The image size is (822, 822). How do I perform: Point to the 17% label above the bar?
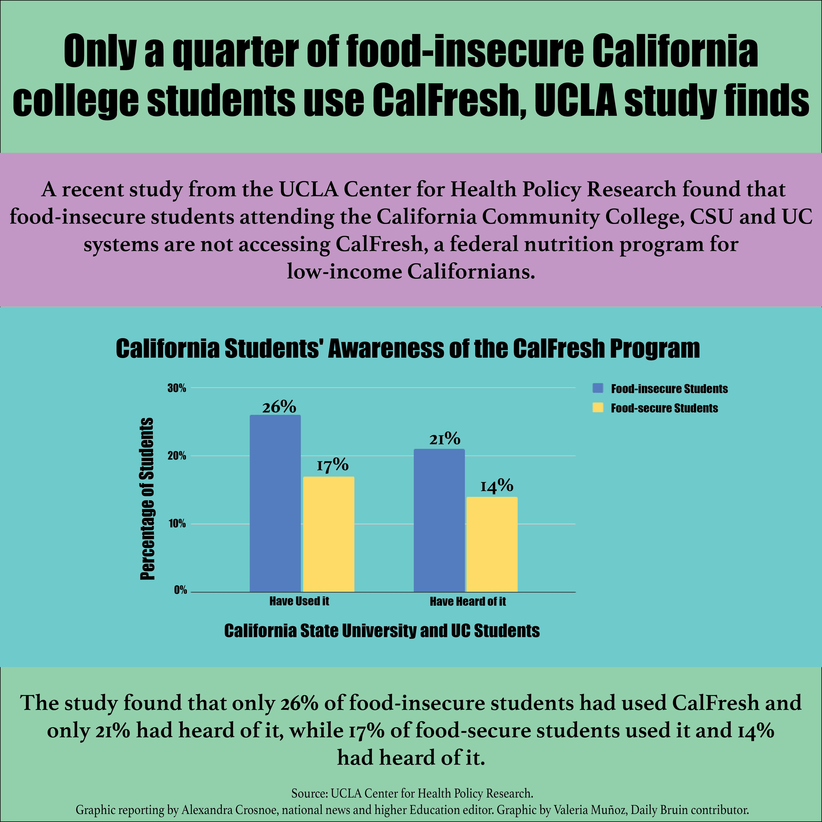332,465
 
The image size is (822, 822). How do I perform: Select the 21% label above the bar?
445,439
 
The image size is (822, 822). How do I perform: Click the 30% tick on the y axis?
177,388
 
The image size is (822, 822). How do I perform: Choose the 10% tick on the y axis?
177,524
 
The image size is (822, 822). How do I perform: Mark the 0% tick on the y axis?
180,590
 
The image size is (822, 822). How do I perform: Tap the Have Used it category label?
299,601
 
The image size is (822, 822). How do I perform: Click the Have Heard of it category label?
468,601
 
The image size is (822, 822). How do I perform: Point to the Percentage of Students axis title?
147,499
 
